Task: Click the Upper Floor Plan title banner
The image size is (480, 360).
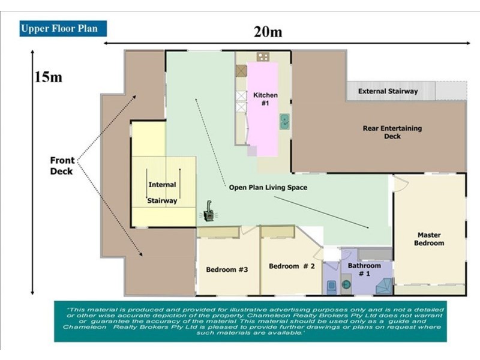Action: (63, 28)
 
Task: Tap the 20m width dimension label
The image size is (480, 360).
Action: (268, 32)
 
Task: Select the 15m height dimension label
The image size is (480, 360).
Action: (48, 77)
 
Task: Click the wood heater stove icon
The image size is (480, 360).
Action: (209, 212)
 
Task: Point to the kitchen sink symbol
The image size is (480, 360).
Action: (284, 121)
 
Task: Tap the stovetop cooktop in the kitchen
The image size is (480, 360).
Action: (263, 56)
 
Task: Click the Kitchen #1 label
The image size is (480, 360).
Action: (265, 99)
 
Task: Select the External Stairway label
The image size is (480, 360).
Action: (388, 91)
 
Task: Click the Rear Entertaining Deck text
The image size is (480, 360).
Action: (392, 132)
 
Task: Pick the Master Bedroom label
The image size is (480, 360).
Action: (429, 239)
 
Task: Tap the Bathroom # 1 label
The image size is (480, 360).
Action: (364, 269)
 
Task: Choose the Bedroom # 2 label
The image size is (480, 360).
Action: (292, 266)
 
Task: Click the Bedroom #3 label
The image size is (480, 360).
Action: (227, 269)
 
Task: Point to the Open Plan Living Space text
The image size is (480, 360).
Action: (268, 187)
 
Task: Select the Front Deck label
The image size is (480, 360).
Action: (62, 166)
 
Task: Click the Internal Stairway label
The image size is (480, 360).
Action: (162, 193)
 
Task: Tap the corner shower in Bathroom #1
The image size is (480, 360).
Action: (384, 286)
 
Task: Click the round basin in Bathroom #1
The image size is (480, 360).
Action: (346, 284)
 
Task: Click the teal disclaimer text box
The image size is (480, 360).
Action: (250, 322)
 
